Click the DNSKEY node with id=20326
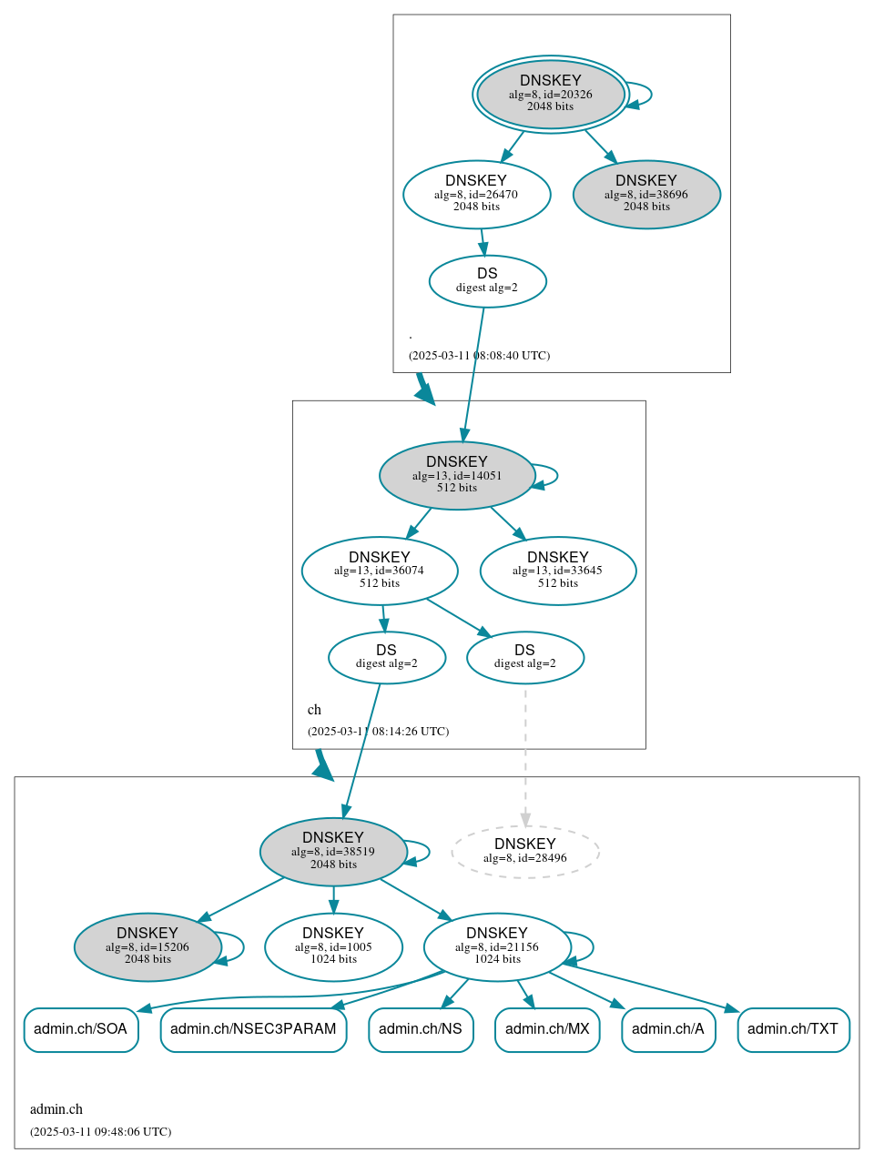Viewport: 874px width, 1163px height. [550, 94]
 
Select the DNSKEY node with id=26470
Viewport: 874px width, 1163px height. [476, 194]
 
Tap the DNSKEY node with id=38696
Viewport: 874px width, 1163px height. [646, 194]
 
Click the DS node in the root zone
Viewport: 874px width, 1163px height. [487, 281]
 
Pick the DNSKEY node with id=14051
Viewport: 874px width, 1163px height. [457, 475]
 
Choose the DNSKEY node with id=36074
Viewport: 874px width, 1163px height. [380, 571]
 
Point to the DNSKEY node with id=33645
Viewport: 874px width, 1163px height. [557, 571]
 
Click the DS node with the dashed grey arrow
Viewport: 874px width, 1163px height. [524, 657]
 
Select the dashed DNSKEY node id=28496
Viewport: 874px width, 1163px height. [524, 852]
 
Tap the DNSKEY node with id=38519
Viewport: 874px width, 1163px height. [333, 852]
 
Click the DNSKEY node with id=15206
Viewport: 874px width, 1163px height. [147, 947]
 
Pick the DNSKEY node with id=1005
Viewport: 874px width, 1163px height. [333, 947]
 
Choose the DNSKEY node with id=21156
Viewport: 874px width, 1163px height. [497, 947]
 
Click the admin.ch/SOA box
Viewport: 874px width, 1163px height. [81, 1029]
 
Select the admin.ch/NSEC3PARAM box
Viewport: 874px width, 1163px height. [253, 1029]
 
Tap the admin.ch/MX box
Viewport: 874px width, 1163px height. [547, 1029]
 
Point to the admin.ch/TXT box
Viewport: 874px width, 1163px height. [793, 1029]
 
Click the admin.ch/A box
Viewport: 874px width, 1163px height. [668, 1029]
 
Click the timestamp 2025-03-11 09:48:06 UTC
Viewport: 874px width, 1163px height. [100, 1132]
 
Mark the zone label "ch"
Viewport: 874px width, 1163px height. [314, 710]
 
